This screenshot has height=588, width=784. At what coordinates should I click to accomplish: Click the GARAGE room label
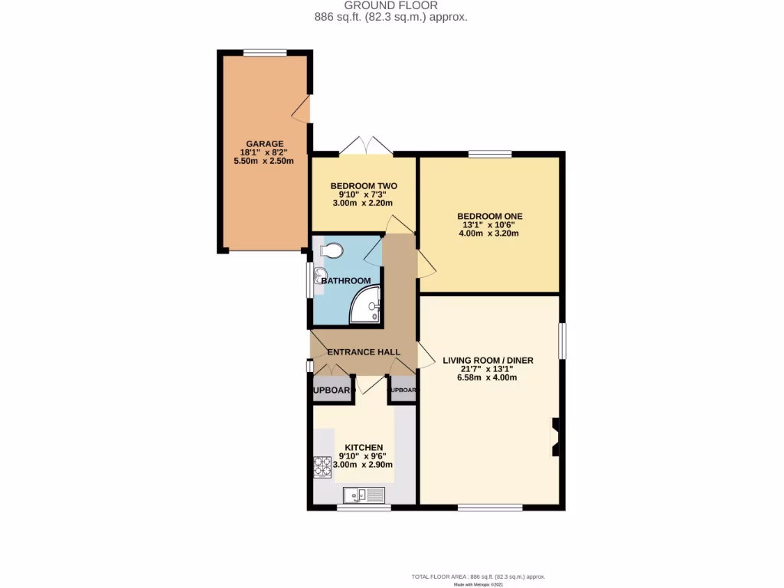coord(265,143)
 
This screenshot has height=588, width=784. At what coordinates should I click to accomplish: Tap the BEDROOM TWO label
coord(363,186)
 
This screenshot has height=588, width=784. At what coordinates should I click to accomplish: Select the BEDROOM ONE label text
coord(489,217)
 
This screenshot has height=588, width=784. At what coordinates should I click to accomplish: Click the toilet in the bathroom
coord(330,250)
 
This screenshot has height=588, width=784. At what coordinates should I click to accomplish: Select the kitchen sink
coord(363,495)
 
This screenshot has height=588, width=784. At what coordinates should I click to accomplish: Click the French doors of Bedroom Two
coord(365,145)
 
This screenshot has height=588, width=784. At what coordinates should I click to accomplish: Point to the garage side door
coord(303,110)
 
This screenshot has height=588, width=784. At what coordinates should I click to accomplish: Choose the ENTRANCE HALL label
coord(364,352)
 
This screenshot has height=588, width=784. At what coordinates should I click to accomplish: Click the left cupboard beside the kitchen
coord(331,390)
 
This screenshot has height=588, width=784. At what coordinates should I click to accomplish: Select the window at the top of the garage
coord(265,53)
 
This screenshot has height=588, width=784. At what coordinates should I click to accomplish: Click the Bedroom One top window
coord(490,154)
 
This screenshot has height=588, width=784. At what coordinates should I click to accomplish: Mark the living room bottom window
coord(490,507)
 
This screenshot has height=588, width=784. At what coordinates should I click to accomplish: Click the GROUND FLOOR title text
coord(391,5)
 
